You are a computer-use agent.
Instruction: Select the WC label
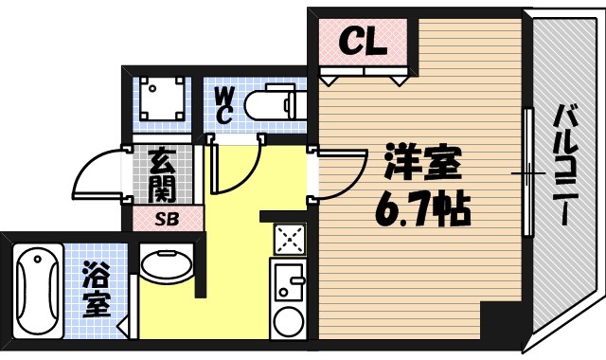pos(224,104)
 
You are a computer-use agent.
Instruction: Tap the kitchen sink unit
pos(287,284)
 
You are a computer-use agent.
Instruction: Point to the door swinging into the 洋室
pos(342,175)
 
